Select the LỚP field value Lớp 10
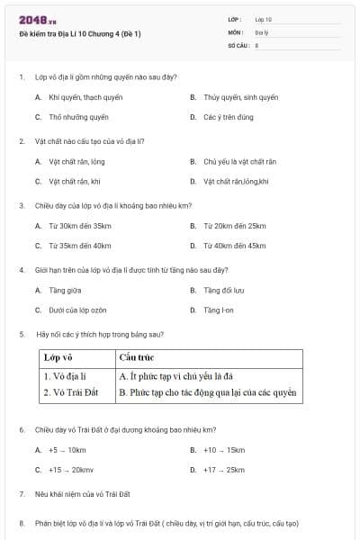263,19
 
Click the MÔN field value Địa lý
260,31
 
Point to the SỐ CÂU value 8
256,44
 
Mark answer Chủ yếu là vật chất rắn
239,161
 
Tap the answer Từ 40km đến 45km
234,245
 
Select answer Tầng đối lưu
223,290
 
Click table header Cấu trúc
137,357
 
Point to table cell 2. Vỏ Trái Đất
71,392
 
